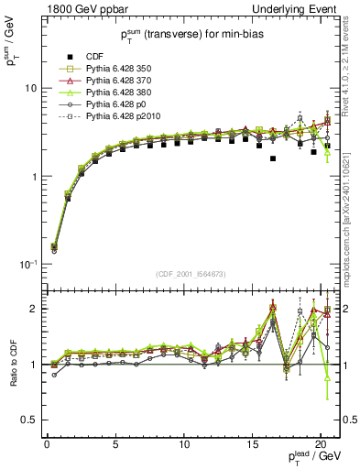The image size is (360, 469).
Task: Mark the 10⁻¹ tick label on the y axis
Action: tap(30, 264)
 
